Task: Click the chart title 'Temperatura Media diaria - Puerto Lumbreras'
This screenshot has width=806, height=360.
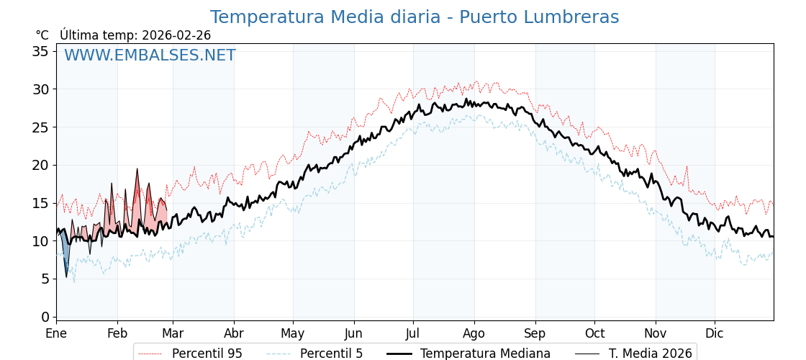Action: pyautogui.click(x=414, y=17)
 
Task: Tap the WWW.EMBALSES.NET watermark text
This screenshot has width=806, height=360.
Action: pyautogui.click(x=150, y=55)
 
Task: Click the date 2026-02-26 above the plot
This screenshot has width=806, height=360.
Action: pyautogui.click(x=176, y=35)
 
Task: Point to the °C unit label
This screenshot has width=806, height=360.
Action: pyautogui.click(x=42, y=35)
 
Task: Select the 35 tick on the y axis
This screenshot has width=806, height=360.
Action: pyautogui.click(x=40, y=51)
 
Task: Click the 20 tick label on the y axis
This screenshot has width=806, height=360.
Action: pyautogui.click(x=40, y=165)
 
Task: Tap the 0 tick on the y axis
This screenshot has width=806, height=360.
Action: pyautogui.click(x=45, y=317)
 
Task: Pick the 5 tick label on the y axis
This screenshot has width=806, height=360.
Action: pyautogui.click(x=45, y=279)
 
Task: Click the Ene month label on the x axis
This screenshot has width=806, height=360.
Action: pyautogui.click(x=56, y=333)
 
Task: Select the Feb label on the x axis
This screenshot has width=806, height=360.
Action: pyautogui.click(x=117, y=333)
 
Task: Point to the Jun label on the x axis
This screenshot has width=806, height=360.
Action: pyautogui.click(x=353, y=333)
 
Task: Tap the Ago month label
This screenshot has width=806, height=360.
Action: pyautogui.click(x=474, y=333)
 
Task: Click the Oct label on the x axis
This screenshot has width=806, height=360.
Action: pyautogui.click(x=594, y=333)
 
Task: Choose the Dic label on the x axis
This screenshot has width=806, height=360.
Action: pyautogui.click(x=715, y=333)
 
